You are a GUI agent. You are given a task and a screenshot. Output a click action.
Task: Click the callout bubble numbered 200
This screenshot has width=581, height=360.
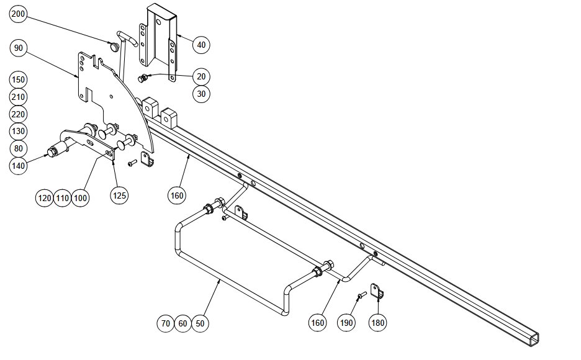[x=18, y=14]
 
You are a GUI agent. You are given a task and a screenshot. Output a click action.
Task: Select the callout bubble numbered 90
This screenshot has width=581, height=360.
[x=18, y=48]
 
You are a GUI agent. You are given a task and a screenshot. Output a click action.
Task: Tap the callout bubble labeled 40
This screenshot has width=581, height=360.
[x=201, y=45]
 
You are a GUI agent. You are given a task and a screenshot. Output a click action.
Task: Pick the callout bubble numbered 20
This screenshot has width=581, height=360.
[x=201, y=77]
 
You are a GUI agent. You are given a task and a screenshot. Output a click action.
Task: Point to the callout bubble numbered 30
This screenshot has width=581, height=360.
[x=201, y=94]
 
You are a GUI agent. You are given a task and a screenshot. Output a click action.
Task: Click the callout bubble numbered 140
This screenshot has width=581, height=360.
[x=18, y=166]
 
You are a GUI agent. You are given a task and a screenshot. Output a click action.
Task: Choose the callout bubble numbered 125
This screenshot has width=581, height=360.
[x=119, y=195]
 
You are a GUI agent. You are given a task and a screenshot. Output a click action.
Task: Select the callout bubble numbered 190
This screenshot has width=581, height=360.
[x=346, y=323]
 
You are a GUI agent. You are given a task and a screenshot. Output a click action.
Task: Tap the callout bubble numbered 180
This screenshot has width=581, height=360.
[x=377, y=323]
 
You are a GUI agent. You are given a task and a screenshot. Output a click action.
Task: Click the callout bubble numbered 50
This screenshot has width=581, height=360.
[x=200, y=323]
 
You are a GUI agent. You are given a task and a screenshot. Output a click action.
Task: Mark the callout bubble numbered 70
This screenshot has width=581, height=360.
[x=166, y=323]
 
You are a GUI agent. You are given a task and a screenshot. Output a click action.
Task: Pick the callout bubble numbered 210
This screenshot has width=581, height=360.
[x=18, y=97]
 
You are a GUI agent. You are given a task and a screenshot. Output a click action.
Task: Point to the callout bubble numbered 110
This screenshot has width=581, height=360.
[x=62, y=198]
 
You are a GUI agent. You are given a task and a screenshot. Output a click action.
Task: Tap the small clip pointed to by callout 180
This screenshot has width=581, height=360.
[x=377, y=291]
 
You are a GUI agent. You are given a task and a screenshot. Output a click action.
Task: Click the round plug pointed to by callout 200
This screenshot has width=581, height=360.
[x=114, y=47]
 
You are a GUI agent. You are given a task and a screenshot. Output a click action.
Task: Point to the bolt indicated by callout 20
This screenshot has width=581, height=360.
[x=143, y=78]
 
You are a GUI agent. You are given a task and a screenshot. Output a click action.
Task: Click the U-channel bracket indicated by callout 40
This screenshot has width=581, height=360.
[x=158, y=41]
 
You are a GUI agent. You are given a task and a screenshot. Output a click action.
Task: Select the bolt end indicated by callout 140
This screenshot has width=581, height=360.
[x=52, y=153]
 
